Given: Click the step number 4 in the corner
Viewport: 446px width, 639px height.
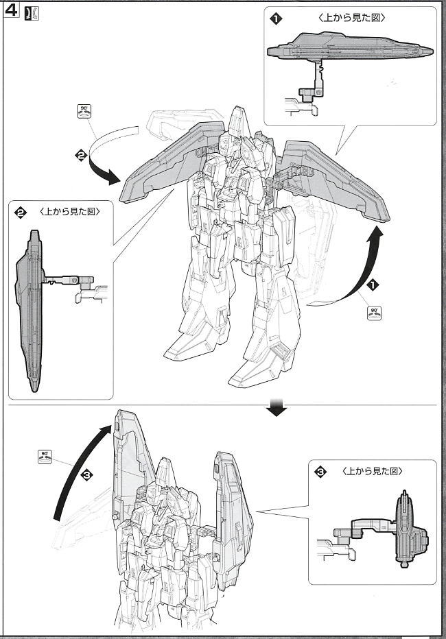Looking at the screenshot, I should tap(12, 14).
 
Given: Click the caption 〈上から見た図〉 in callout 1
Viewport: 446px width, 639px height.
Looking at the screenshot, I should tap(351, 19).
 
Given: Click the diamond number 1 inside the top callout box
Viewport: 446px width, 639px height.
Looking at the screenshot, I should tap(276, 19).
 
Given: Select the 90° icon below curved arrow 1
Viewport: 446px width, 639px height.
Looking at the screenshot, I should tap(374, 313).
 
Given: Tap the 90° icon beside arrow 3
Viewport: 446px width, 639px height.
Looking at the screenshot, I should tap(46, 457).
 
